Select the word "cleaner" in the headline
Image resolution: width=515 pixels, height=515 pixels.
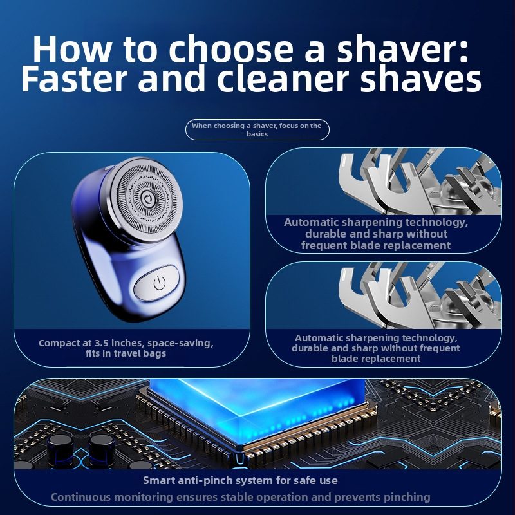(x=283, y=78)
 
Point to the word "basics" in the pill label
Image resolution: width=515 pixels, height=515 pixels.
(x=257, y=134)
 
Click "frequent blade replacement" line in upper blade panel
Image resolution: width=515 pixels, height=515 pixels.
(x=376, y=245)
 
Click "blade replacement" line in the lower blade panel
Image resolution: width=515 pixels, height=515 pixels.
(x=376, y=359)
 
